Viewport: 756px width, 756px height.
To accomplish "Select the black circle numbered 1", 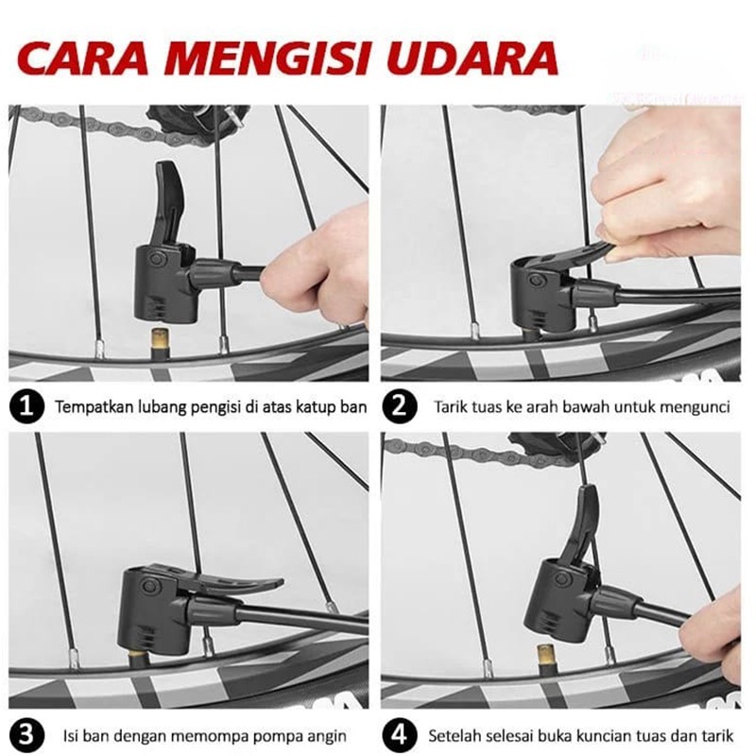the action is pos(27,406).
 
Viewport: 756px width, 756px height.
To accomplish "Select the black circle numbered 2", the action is pos(400,406).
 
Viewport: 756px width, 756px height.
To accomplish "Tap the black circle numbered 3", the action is pos(27,736).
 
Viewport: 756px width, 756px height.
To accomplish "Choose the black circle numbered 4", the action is pos(400,736).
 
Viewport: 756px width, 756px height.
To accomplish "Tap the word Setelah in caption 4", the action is pos(452,736).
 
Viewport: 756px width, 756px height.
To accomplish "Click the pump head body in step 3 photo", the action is pos(153,610).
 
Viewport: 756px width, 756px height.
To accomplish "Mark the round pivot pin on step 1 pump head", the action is pos(157,258).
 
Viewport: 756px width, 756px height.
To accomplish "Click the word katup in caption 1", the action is pos(306,407).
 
